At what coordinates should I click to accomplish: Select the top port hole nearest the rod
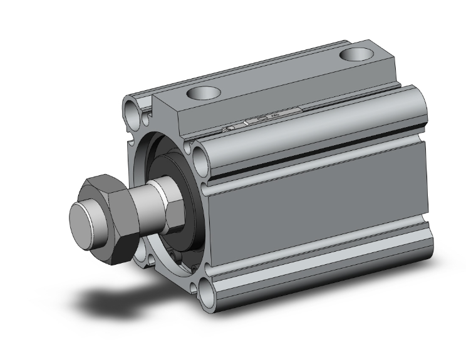(x=204, y=94)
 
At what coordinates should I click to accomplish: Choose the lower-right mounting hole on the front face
(x=206, y=289)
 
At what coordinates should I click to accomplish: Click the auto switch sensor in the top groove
(x=263, y=121)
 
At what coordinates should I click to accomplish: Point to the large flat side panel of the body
(x=319, y=213)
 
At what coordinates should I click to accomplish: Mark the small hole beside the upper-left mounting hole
(x=147, y=115)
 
